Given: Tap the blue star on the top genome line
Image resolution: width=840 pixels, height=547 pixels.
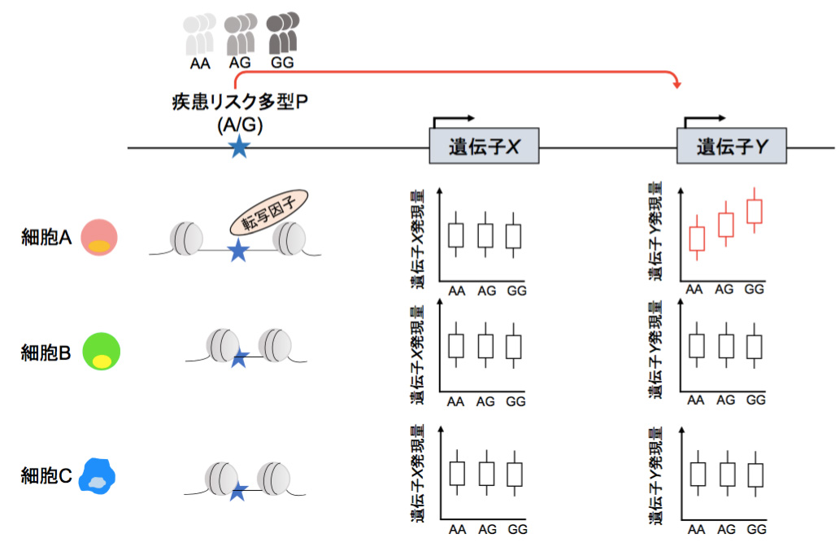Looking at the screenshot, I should coord(238,147).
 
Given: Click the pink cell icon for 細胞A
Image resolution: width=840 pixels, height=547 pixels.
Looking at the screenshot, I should coord(99,237).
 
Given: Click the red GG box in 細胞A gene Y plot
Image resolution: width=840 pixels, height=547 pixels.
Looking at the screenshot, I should coord(755,211).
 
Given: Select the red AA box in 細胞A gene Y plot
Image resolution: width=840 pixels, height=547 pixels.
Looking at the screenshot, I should coord(696,238).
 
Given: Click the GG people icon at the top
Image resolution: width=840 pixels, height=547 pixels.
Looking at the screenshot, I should coord(281,34).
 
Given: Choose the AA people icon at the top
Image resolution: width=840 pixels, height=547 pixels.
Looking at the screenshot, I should coord(199,34).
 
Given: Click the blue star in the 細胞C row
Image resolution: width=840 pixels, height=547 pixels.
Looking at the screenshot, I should coord(238,491).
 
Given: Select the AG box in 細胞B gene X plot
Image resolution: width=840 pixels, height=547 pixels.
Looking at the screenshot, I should coord(485,346).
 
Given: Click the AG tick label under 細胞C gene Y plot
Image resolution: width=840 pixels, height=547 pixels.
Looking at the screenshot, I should coord(726,529).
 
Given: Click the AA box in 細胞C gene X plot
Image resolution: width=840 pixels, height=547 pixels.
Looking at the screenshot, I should coord(457,474).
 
